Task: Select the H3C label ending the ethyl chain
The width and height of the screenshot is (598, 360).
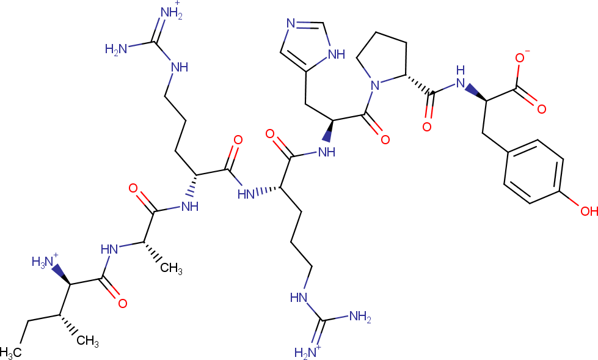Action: (10, 353)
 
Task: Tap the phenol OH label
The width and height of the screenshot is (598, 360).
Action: (589, 210)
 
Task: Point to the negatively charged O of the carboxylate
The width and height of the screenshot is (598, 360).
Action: (520, 57)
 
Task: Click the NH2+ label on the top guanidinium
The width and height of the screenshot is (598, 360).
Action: (170, 13)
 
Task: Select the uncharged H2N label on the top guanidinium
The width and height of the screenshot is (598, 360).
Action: (116, 50)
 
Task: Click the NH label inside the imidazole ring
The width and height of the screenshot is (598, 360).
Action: (337, 54)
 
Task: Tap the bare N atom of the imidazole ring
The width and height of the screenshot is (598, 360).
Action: (291, 24)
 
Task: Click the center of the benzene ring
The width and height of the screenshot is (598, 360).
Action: (533, 172)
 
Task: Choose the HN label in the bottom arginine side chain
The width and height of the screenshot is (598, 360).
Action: (299, 298)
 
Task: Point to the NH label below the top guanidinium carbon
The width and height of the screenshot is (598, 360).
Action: (180, 68)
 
